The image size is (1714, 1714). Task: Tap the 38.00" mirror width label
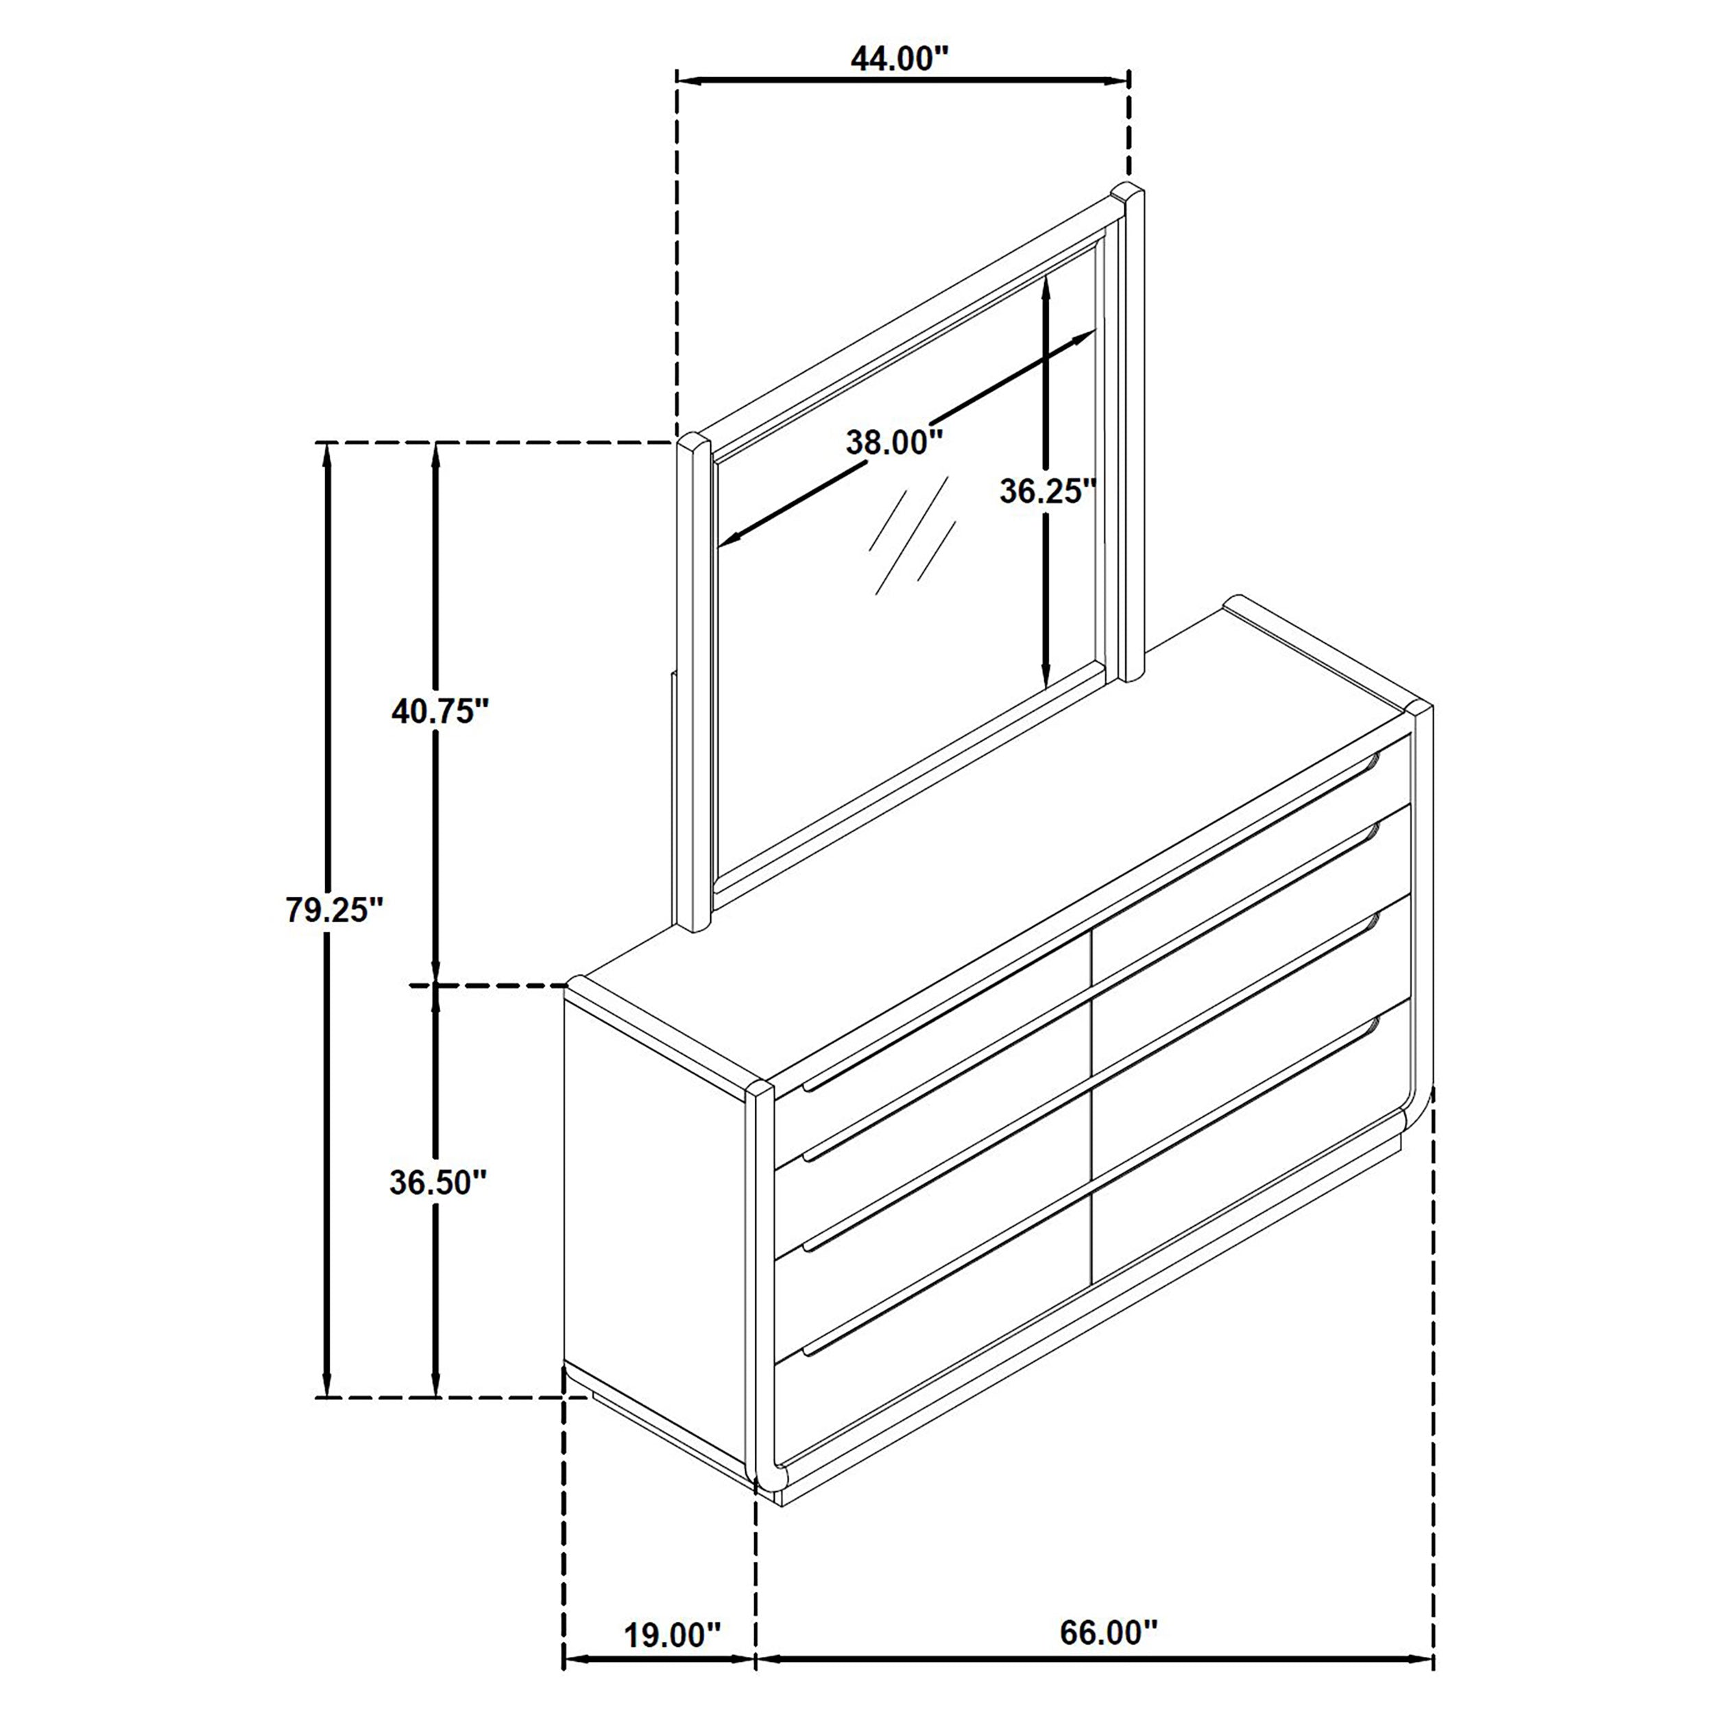893,441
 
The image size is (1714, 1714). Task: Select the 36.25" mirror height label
1048,491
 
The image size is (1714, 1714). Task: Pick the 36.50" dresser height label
438,1183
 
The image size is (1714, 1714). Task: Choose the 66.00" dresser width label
1108,1582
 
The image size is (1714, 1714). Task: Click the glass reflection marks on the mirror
912,535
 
